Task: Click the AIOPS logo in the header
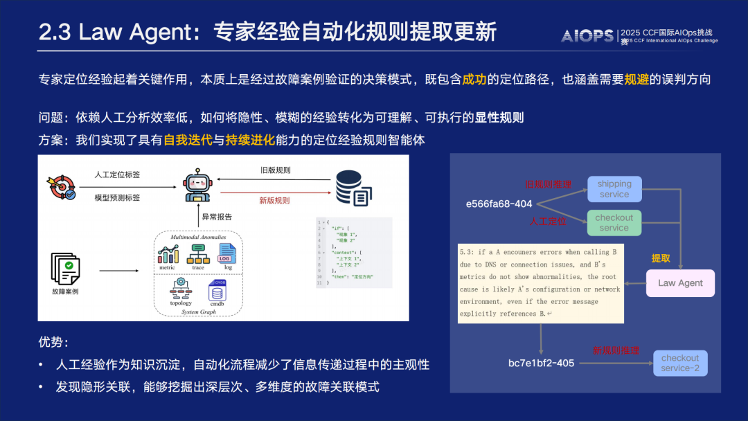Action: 587,36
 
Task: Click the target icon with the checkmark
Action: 61,187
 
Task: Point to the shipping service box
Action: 614,189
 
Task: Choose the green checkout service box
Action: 614,222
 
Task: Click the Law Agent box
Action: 680,283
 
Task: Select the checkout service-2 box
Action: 679,363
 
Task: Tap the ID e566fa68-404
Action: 499,204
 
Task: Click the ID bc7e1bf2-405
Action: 541,363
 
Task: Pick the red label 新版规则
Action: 274,200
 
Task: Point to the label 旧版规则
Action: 275,170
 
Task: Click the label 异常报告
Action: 217,217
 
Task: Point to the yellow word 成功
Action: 474,80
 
